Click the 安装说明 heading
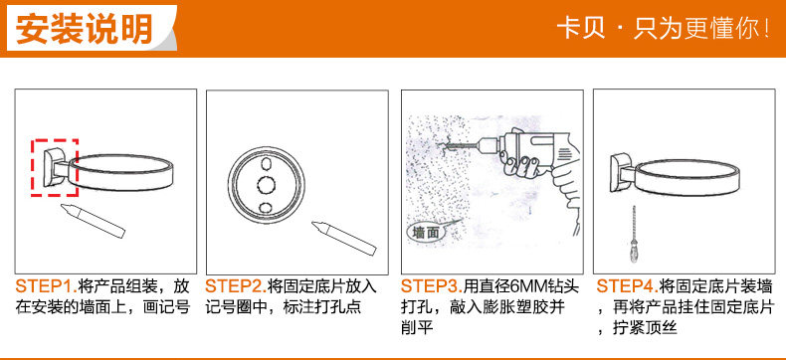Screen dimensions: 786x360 click(84, 29)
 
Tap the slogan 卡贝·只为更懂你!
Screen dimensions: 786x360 click(664, 29)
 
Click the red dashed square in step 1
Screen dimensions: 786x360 click(55, 167)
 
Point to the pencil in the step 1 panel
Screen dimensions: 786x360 click(93, 221)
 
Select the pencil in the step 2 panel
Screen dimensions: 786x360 click(343, 238)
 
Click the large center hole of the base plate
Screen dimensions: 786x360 click(267, 185)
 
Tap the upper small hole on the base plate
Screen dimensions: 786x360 click(266, 164)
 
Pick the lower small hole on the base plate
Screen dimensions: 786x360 click(266, 206)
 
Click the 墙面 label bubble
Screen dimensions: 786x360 click(425, 233)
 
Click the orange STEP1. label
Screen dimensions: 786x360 click(46, 286)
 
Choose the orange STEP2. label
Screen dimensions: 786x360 click(236, 286)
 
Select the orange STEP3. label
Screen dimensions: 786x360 click(432, 286)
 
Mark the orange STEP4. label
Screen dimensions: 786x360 click(627, 286)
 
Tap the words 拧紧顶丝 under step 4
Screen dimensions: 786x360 click(645, 328)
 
